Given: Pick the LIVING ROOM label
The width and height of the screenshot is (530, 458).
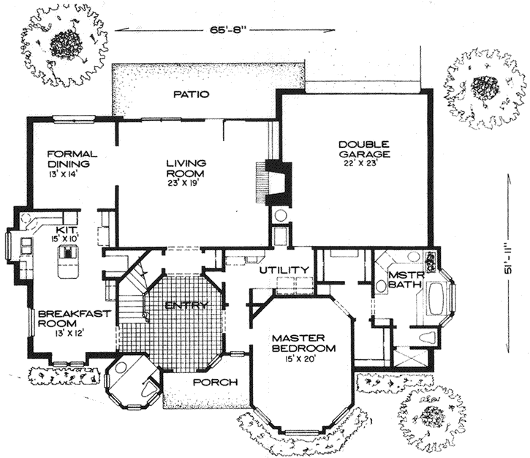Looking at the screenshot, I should click(x=185, y=168).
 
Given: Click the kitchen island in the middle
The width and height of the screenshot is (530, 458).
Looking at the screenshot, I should click(x=68, y=255).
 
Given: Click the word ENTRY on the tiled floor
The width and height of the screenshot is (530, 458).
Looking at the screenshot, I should click(x=181, y=304).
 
